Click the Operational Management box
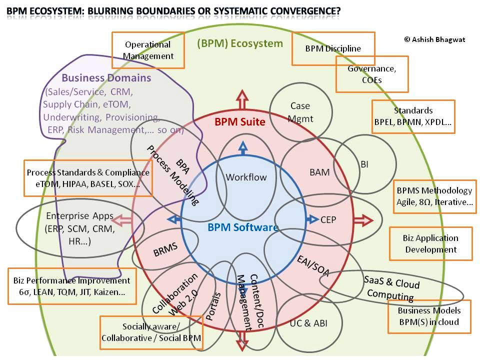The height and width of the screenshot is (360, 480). [x=148, y=50]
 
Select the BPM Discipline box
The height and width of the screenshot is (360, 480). [x=333, y=48]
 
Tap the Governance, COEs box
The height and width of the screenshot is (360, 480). [x=371, y=74]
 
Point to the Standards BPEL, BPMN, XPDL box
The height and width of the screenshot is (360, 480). [x=413, y=116]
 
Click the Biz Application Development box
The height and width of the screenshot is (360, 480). [x=430, y=244]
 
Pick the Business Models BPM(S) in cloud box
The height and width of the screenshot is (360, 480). [x=429, y=316]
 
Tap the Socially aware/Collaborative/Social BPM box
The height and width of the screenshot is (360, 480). [x=151, y=332]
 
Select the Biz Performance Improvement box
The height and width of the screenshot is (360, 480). [x=72, y=286]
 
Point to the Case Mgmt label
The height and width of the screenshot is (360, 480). [x=300, y=112]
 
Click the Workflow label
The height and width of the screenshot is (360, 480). [x=246, y=177]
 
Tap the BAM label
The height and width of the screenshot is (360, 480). [x=319, y=172]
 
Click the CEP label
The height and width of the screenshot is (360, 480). [x=328, y=219]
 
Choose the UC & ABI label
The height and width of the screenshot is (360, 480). [x=308, y=323]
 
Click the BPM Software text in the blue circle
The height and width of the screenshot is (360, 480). [x=242, y=228]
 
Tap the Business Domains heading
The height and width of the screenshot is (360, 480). [x=106, y=78]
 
